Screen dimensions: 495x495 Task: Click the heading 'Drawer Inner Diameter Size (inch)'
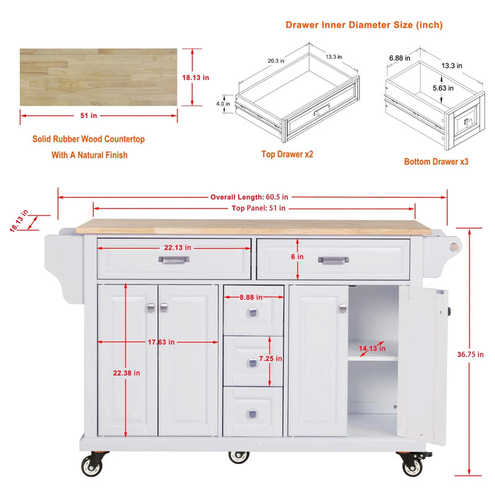tap(364, 25)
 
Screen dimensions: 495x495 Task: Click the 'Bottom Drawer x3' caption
tap(436, 161)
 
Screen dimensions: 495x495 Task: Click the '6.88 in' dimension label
tap(400, 58)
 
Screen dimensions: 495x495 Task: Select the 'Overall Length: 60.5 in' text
tap(249, 197)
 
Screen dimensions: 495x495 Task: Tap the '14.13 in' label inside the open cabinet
tap(372, 348)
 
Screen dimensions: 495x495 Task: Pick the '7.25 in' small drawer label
tap(271, 359)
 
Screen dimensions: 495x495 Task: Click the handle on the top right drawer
tap(333, 260)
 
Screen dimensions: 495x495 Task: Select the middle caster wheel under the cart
tap(239, 456)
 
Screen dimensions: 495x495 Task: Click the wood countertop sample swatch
tap(98, 77)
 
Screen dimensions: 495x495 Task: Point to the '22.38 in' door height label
tap(127, 373)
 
